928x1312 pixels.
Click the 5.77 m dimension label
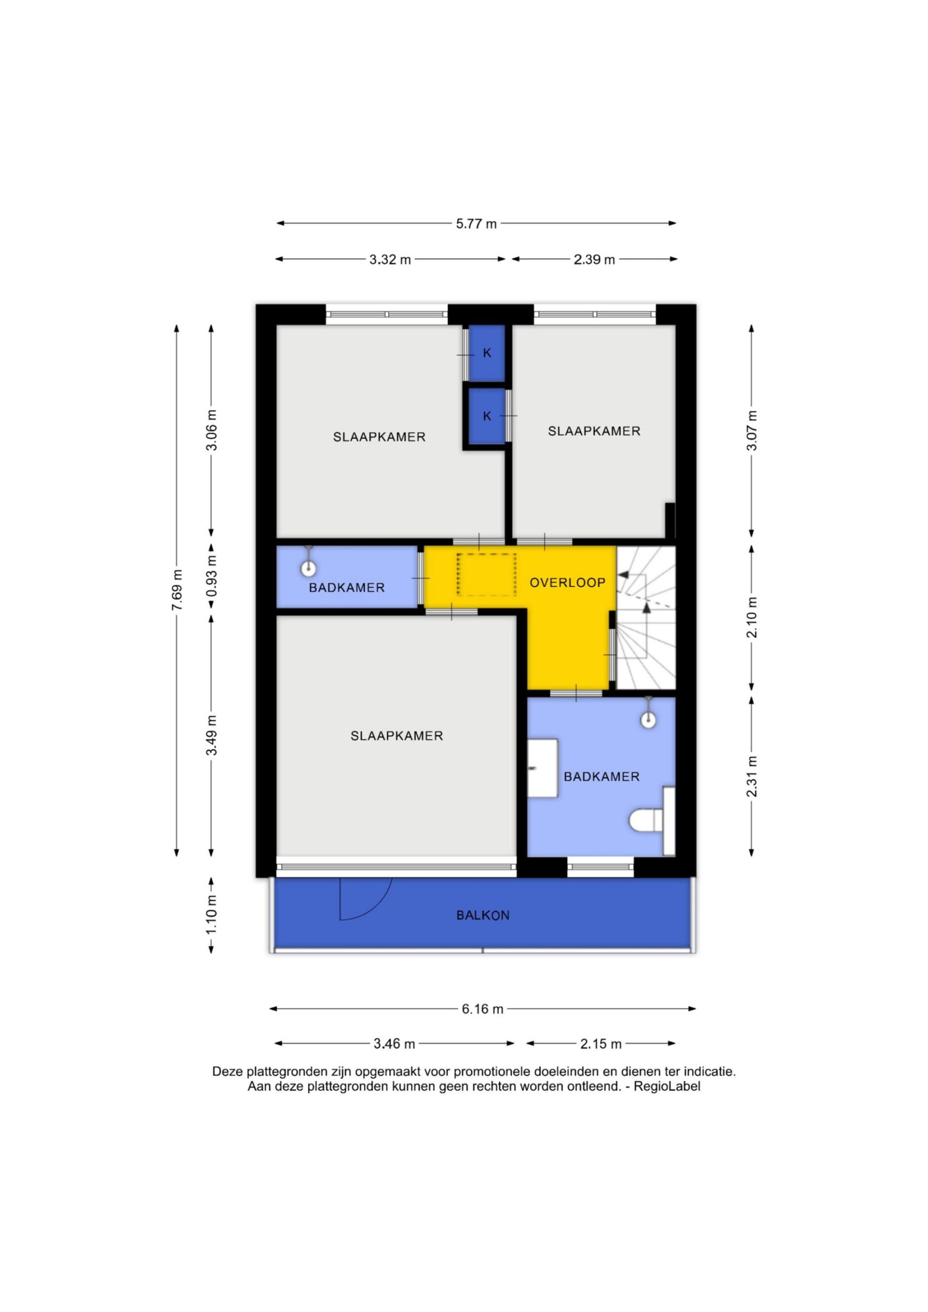click(x=476, y=224)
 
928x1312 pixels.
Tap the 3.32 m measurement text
click(x=390, y=259)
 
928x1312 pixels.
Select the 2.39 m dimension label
click(x=594, y=259)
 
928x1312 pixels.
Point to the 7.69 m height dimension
click(x=177, y=590)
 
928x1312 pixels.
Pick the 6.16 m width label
click(x=482, y=1009)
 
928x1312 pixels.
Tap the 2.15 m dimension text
click(x=600, y=1043)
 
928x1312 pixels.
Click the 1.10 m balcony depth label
click(x=212, y=913)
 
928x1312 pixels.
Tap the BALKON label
click(x=482, y=915)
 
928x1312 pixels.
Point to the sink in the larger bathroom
click(x=542, y=768)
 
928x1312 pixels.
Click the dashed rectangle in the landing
click(x=487, y=574)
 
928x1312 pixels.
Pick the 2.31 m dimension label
click(x=752, y=776)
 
